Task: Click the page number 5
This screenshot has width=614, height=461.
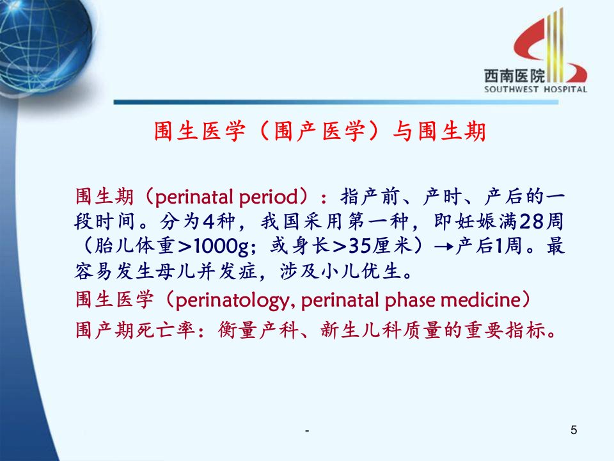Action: (574, 430)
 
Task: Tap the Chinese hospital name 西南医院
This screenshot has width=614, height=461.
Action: (514, 76)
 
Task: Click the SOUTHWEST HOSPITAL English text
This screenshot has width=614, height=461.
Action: (535, 90)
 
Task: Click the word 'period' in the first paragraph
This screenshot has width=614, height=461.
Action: (269, 197)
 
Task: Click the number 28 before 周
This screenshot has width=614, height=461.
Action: (531, 222)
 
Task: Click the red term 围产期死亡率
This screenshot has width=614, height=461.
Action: (135, 330)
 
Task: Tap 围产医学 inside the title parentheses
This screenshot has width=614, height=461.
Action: (320, 131)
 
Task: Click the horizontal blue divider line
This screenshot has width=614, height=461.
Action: (336, 102)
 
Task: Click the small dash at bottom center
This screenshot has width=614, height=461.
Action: (307, 431)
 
